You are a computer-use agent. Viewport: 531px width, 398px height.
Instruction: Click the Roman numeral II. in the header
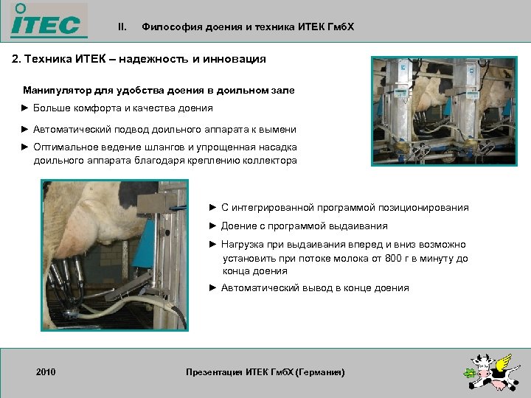pos(122,27)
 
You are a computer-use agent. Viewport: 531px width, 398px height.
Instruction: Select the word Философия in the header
pos(167,27)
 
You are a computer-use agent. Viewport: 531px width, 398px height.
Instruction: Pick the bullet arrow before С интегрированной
pos(214,208)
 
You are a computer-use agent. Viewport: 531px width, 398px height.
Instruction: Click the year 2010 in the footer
pos(46,373)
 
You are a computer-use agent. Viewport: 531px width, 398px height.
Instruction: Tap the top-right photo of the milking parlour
pos(444,111)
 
